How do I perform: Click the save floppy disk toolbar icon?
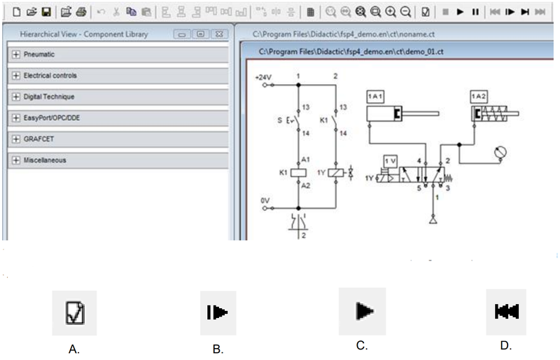[46, 12]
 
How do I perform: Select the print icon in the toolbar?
[81, 12]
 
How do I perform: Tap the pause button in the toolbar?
[475, 12]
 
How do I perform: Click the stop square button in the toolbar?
[445, 12]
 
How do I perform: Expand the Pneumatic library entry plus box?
[15, 55]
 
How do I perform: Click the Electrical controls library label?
[50, 76]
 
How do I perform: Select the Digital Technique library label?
[49, 97]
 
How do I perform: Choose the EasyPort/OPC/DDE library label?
[52, 118]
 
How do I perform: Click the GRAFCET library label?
[38, 139]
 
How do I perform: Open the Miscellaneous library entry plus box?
[15, 160]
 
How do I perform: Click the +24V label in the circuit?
[263, 77]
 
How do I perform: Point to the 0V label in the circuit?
[265, 200]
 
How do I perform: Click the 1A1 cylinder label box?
[375, 97]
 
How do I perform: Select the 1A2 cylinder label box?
[479, 97]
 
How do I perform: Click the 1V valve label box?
[391, 161]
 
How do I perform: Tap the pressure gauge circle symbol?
[500, 152]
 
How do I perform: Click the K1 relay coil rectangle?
[299, 173]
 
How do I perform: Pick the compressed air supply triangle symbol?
[433, 219]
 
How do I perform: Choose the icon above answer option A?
[75, 313]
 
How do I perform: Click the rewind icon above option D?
[506, 312]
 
